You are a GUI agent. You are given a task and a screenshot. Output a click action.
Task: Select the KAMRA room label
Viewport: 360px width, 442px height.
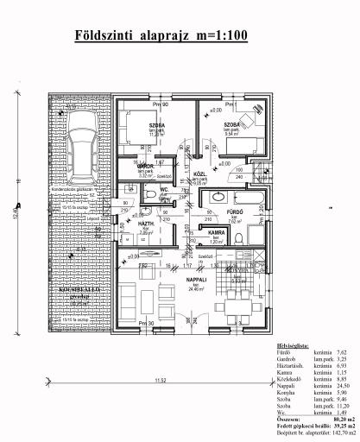pos(217,232)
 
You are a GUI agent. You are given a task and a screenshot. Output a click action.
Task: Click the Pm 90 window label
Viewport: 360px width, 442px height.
pos(158,104)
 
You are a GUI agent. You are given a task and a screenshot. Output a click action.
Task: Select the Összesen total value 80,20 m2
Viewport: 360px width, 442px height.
pos(329,420)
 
